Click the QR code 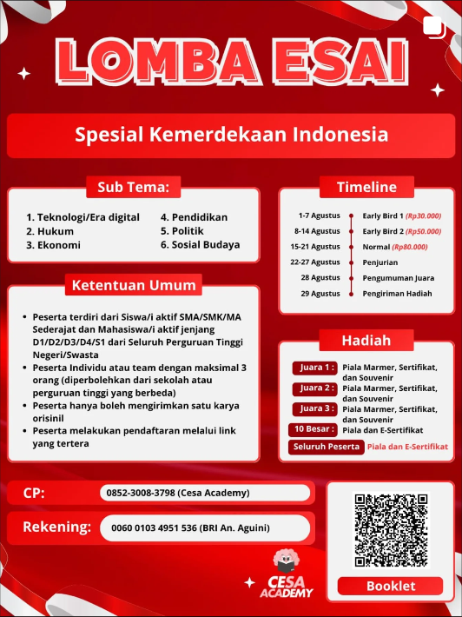tap(389, 530)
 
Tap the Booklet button tap(390, 586)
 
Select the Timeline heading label tap(366, 187)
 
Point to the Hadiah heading tap(366, 340)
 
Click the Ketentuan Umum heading tap(133, 285)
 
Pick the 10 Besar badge tap(311, 429)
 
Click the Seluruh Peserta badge tap(326, 447)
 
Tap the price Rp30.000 tap(423, 216)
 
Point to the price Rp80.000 tap(414, 247)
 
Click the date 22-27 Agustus tap(314, 262)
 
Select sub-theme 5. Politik tap(181, 231)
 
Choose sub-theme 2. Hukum tap(49, 231)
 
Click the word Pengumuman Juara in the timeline tap(399, 278)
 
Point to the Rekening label tap(56, 527)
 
